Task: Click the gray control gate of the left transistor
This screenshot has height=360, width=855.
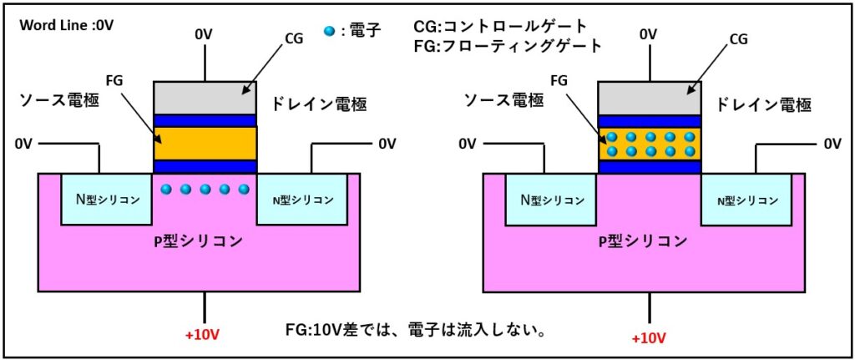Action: tap(205, 98)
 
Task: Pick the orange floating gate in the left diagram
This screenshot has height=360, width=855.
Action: tap(205, 144)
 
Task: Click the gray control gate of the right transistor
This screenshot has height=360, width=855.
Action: tap(650, 98)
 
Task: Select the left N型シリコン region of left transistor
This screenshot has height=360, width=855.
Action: tap(108, 200)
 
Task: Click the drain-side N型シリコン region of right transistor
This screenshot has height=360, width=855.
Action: tap(747, 200)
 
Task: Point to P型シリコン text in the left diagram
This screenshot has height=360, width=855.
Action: tap(205, 241)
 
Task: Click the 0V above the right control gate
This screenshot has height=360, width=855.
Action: tap(648, 34)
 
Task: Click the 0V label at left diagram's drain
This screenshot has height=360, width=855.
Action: tap(387, 144)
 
